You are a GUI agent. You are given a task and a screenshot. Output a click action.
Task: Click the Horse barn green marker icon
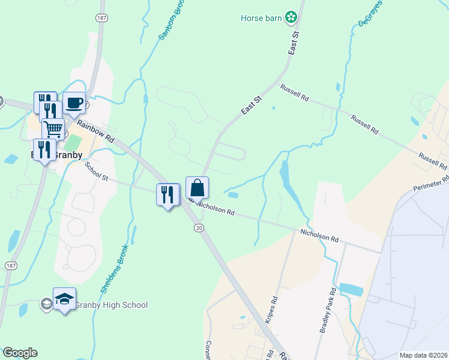pos(291,17)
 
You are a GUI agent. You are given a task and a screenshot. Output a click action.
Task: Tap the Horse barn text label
pos(261,18)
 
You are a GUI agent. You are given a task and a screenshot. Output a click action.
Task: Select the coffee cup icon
pos(74,103)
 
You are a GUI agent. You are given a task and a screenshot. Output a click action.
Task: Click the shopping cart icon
pos(53,128)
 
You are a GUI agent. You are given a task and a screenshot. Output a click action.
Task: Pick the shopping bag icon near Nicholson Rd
pos(197,188)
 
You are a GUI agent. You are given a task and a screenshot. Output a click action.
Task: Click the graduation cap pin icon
pos(64,299)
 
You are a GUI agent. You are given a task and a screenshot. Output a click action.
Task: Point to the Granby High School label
pos(111,305)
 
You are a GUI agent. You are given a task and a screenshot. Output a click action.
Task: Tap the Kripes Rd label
pos(275,307)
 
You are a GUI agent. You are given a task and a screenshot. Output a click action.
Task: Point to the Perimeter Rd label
pos(430,184)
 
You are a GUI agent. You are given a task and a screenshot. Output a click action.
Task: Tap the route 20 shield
pos(199,227)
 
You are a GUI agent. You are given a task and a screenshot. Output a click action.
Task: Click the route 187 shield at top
pos(100,18)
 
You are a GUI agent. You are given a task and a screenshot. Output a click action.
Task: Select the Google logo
pos(19,353)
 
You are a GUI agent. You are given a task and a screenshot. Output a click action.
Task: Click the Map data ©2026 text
pos(424,355)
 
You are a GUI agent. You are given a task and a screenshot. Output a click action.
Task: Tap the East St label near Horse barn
pos(295,43)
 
